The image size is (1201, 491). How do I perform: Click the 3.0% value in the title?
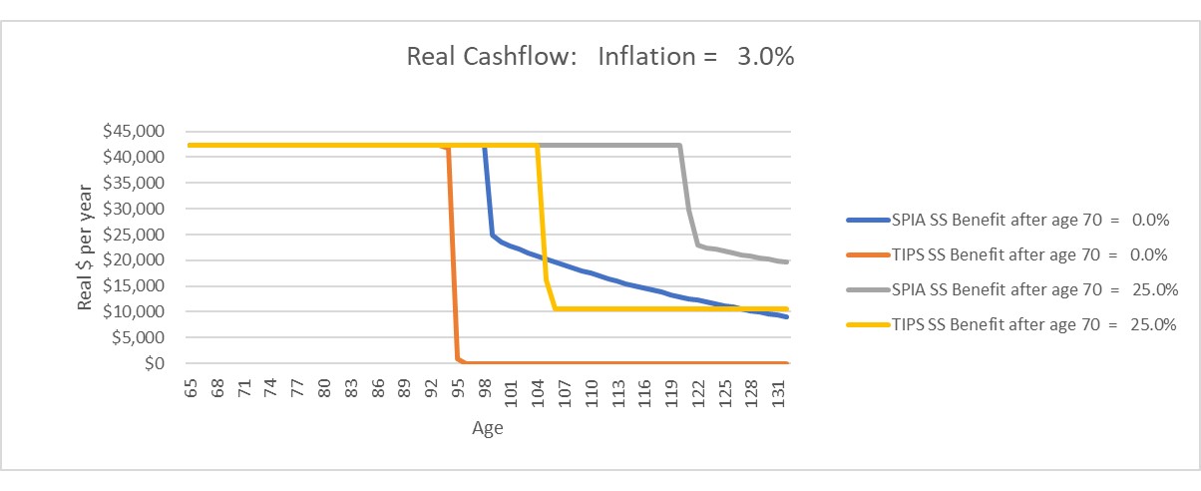[765, 57]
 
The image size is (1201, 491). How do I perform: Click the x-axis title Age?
[488, 429]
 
